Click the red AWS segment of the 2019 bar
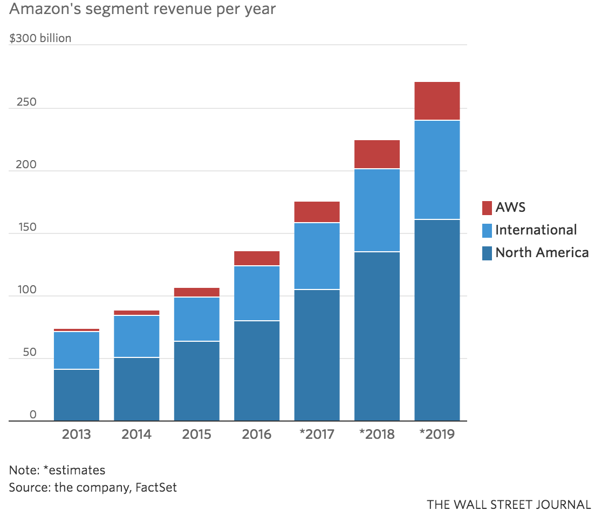tap(437, 101)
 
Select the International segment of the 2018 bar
tap(377, 210)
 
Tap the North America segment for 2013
tap(77, 395)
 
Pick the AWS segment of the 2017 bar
tap(317, 212)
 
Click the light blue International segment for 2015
tap(197, 319)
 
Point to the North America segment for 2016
tap(257, 370)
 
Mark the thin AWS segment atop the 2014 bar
tap(136, 313)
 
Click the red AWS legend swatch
tap(487, 207)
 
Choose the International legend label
tap(536, 230)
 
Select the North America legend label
tap(542, 252)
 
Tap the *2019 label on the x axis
tap(436, 435)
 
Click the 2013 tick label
tap(77, 435)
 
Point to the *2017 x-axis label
tap(316, 435)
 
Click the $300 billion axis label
tap(40, 39)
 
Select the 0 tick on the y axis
tap(33, 414)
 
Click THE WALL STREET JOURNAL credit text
tap(509, 505)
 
